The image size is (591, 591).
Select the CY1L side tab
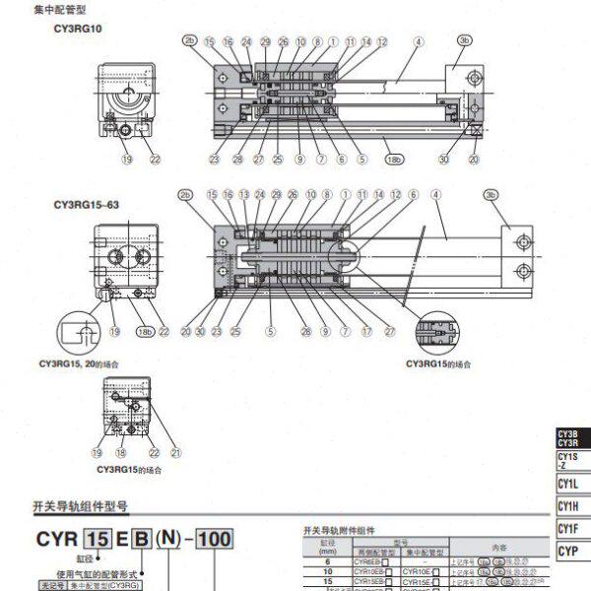pos(568,484)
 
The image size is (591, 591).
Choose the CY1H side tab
pos(568,506)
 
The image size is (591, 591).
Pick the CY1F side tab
pos(568,529)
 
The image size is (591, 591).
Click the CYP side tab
pos(568,552)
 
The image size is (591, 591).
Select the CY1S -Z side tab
pos(568,460)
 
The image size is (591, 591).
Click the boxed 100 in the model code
pos(214,540)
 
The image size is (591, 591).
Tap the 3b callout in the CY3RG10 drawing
pos(465,41)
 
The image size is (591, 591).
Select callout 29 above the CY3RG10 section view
pos(265,41)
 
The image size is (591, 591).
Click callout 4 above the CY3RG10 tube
pos(419,41)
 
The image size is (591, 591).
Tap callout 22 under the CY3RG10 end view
pos(155,159)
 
